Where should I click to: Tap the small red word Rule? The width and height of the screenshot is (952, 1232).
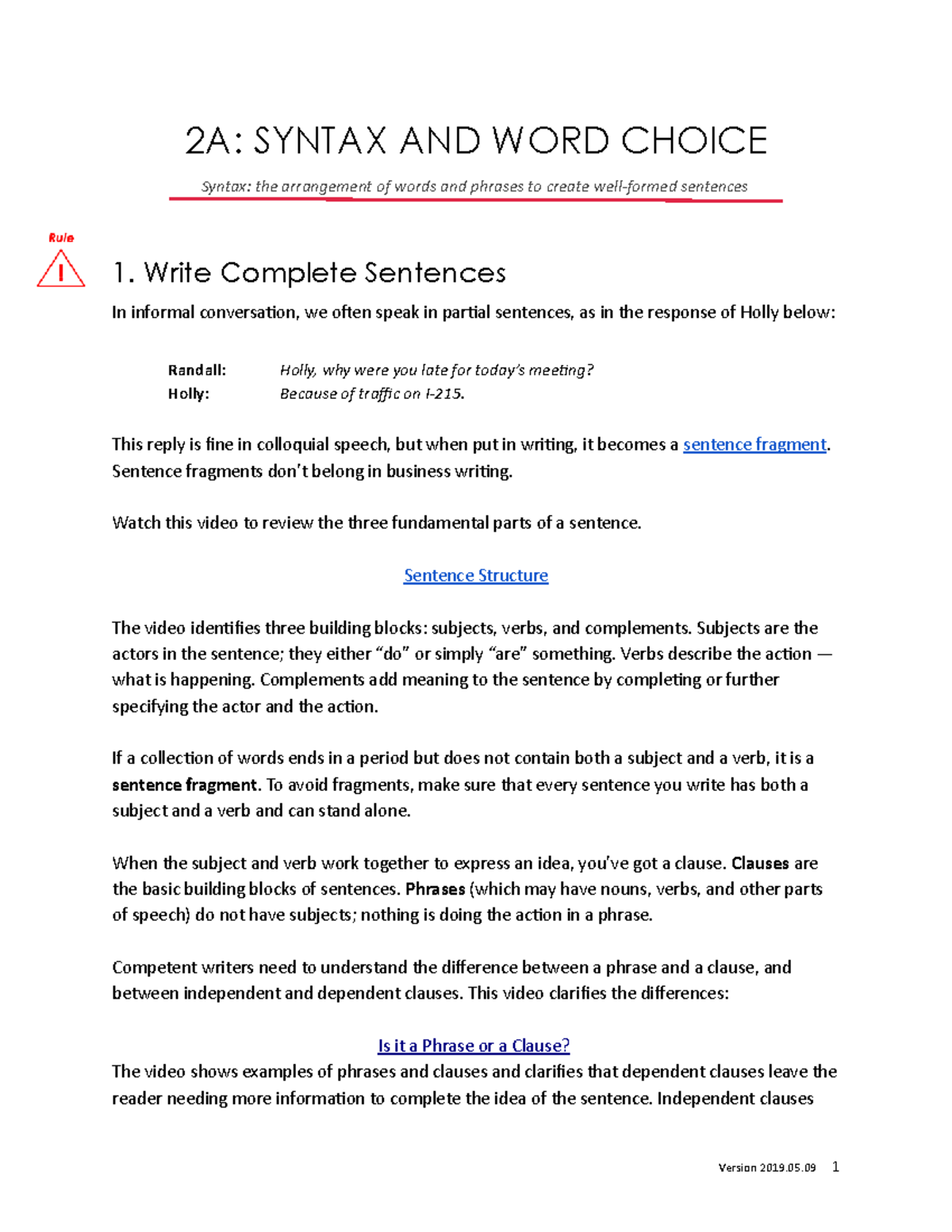[x=61, y=237]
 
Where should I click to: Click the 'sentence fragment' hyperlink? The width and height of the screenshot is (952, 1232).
[x=754, y=444]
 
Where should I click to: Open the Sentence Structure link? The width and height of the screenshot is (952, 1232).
[x=475, y=575]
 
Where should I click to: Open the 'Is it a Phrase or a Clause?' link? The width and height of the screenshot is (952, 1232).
[x=474, y=1046]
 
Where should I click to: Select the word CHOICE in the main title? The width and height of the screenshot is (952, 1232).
[x=694, y=141]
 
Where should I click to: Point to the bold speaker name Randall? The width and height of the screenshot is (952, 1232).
[x=197, y=370]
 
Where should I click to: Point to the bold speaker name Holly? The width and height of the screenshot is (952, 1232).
[x=188, y=393]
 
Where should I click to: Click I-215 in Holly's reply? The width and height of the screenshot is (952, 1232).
[x=443, y=393]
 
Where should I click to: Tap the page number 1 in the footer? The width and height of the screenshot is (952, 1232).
[x=835, y=1166]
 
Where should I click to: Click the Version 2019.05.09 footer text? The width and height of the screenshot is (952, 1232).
[x=766, y=1168]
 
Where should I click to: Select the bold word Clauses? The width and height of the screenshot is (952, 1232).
[x=760, y=863]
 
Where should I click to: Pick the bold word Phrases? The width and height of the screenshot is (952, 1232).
[x=435, y=889]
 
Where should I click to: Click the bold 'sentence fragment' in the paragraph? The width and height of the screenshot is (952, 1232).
[x=184, y=785]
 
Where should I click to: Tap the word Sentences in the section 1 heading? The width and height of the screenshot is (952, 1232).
[x=435, y=273]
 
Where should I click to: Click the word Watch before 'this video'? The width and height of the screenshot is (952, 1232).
[x=135, y=523]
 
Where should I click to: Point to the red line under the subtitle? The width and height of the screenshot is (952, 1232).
[x=475, y=200]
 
